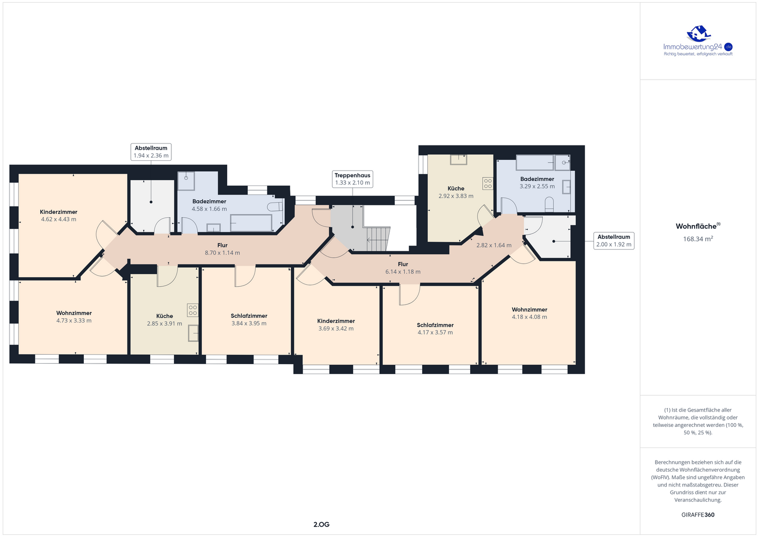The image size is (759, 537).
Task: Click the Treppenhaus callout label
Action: [353, 179]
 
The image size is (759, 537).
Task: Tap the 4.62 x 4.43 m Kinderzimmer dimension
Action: [59, 219]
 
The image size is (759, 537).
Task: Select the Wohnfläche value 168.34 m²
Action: [698, 239]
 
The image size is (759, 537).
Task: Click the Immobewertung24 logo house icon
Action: [698, 34]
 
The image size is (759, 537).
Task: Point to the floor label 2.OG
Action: [321, 524]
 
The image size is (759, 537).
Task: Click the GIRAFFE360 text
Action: [698, 515]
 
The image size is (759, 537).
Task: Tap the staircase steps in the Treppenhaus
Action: [377, 239]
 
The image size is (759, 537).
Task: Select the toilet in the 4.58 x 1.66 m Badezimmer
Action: [275, 207]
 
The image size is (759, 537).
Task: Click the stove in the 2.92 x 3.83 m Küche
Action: [488, 183]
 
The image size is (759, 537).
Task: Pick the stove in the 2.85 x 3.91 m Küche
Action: [193, 310]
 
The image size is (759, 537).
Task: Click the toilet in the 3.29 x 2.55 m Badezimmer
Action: [549, 204]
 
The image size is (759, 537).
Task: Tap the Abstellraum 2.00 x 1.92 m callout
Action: [614, 240]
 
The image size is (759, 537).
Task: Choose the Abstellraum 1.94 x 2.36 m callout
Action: [151, 152]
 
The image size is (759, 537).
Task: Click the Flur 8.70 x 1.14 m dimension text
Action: [222, 253]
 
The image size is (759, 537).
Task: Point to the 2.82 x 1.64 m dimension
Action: [494, 245]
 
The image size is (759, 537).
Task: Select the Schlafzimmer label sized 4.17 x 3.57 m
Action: [435, 325]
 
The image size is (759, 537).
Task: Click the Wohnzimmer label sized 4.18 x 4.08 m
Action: [529, 310]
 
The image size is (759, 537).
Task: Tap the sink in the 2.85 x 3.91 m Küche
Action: [193, 333]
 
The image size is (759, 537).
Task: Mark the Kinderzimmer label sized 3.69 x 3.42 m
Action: [336, 321]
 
